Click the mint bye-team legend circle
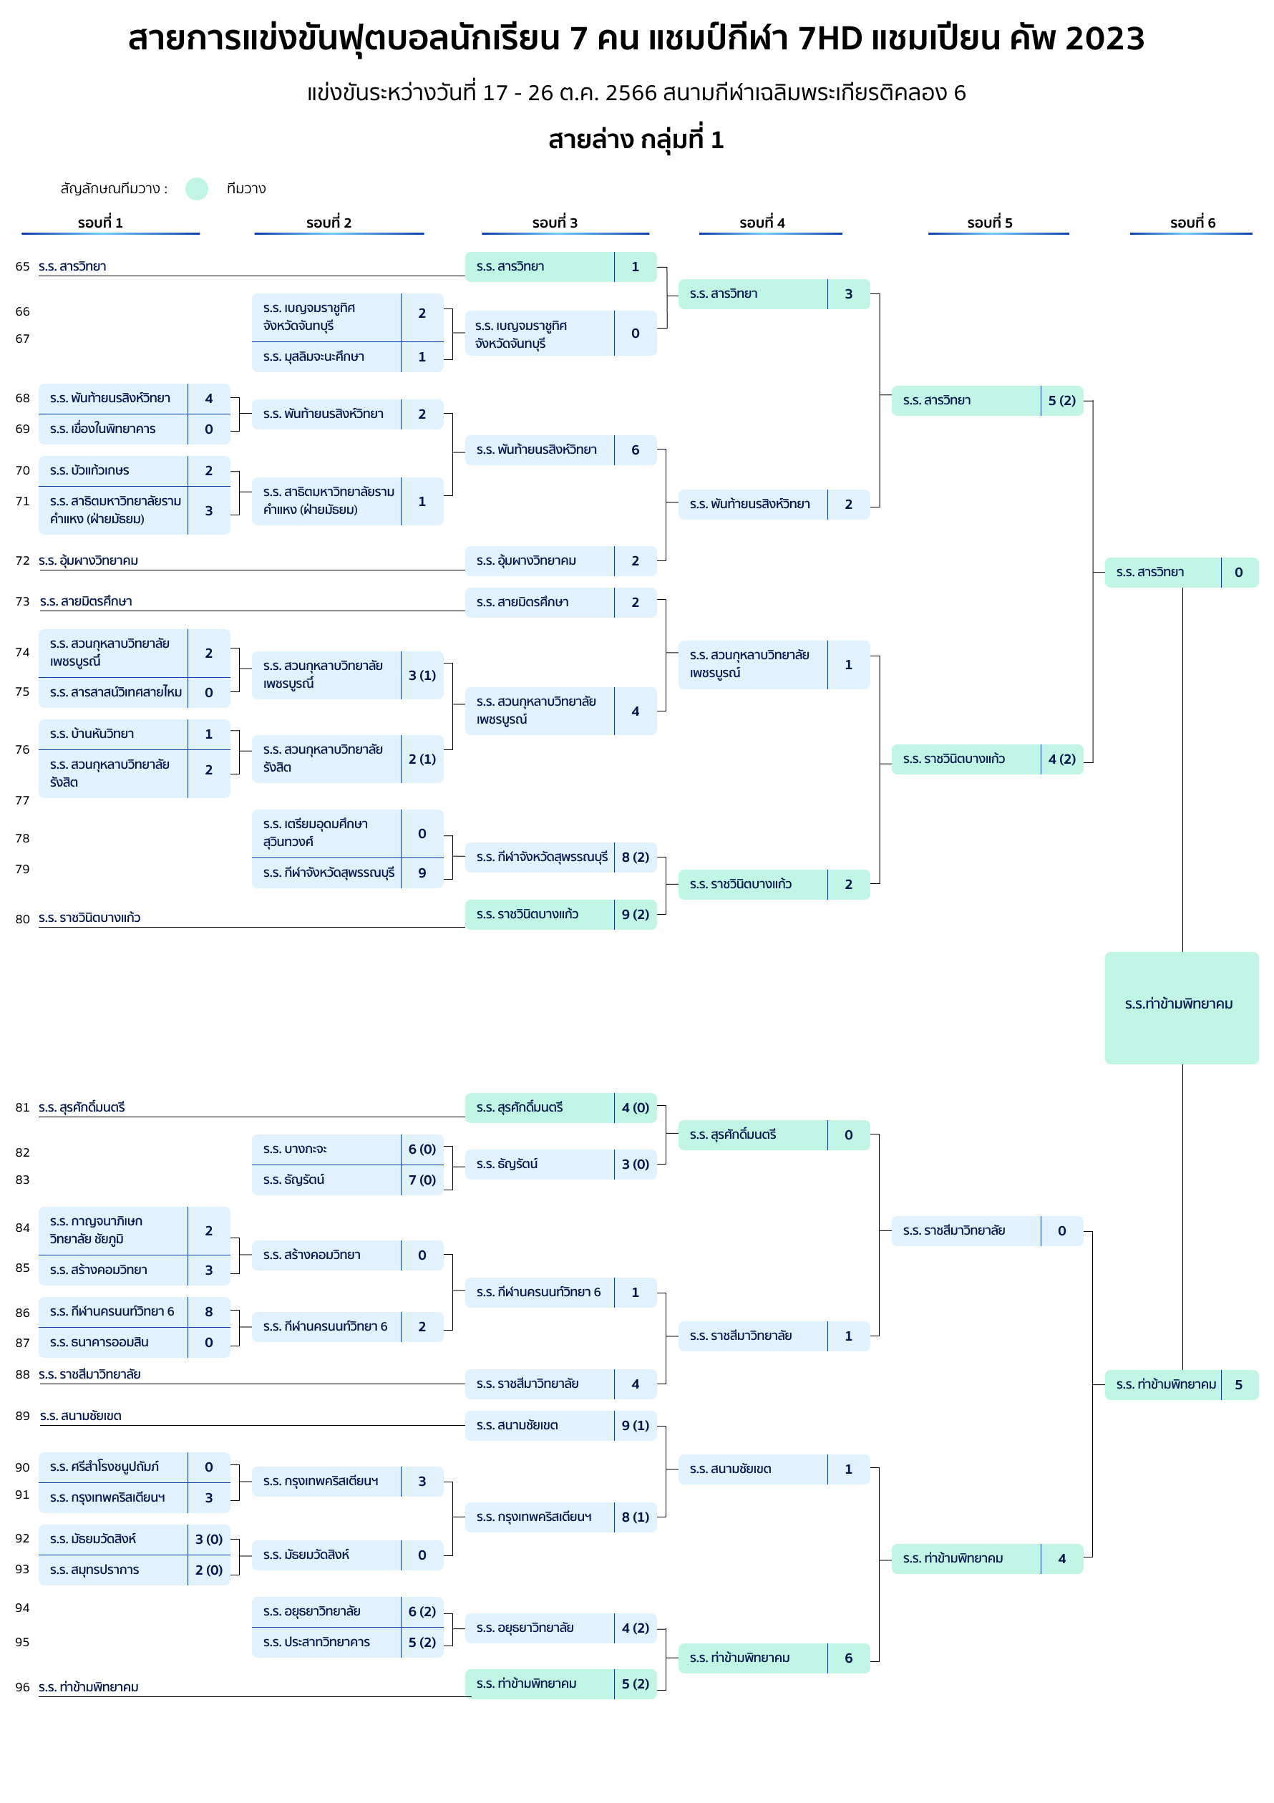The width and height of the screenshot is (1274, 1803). pyautogui.click(x=196, y=188)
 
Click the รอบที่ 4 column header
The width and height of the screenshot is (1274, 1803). pyautogui.click(x=762, y=223)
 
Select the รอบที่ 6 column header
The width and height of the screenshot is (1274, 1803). pyautogui.click(x=1192, y=223)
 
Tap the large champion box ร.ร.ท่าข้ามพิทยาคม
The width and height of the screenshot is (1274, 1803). pyautogui.click(x=1182, y=1008)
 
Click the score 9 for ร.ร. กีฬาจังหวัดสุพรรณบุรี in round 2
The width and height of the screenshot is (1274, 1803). pyautogui.click(x=422, y=873)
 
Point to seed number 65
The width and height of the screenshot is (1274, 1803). pyautogui.click(x=22, y=266)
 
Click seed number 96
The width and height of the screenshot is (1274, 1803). pyautogui.click(x=22, y=1687)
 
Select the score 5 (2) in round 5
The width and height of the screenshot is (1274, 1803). pyautogui.click(x=1062, y=401)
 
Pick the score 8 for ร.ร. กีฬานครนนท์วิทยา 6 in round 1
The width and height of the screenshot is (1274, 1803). pyautogui.click(x=209, y=1311)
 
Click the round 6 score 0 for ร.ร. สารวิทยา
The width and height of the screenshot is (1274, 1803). pyautogui.click(x=1239, y=573)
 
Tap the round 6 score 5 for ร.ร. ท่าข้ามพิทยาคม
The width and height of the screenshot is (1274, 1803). pyautogui.click(x=1239, y=1384)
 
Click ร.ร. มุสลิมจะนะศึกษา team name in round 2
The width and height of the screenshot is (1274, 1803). pyautogui.click(x=313, y=356)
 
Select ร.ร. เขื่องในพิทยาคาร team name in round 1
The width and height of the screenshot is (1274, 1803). pyautogui.click(x=103, y=429)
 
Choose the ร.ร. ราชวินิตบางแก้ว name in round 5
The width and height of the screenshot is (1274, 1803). pyautogui.click(x=953, y=759)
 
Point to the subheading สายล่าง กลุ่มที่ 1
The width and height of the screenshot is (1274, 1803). pyautogui.click(x=636, y=140)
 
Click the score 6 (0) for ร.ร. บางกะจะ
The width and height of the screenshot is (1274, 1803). pyautogui.click(x=422, y=1149)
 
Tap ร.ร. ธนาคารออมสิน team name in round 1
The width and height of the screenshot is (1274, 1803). pyautogui.click(x=99, y=1342)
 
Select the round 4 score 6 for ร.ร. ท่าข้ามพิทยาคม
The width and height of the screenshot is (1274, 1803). pyautogui.click(x=848, y=1658)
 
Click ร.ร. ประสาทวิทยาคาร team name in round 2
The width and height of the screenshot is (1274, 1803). pyautogui.click(x=316, y=1642)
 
